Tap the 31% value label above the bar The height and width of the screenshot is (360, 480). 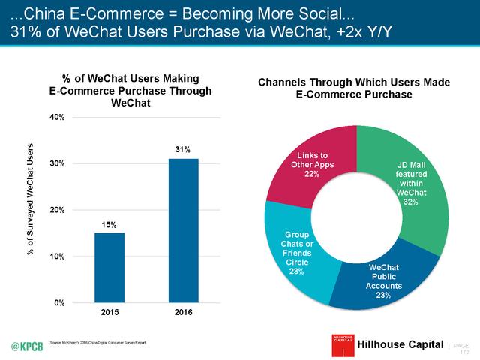pyautogui.click(x=184, y=149)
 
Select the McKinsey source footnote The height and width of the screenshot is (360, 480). pyautogui.click(x=97, y=342)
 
